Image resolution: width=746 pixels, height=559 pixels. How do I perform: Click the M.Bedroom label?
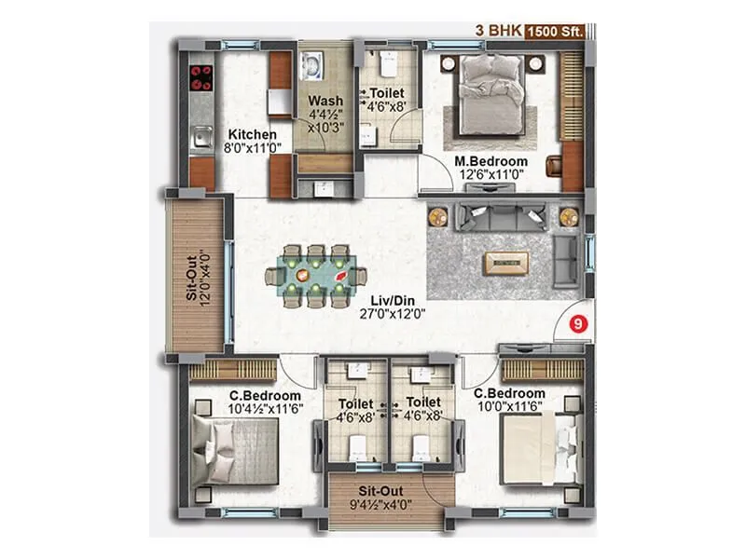tap(486, 160)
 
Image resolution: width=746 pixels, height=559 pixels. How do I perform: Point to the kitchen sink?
tap(200, 141)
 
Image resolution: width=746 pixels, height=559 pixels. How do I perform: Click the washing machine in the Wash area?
tap(311, 68)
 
